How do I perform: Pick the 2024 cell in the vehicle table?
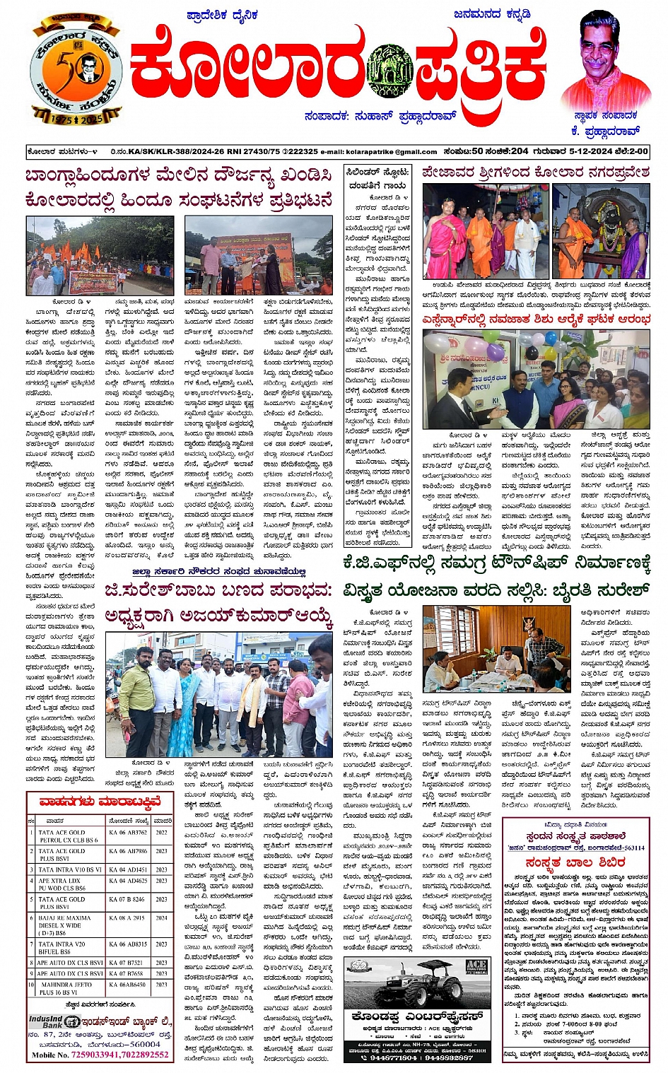pyautogui.click(x=162, y=917)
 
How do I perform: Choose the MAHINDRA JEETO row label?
pyautogui.click(x=65, y=988)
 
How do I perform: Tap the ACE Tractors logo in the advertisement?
pyautogui.click(x=476, y=968)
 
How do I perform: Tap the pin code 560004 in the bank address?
pyautogui.click(x=145, y=1043)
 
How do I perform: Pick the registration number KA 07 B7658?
pyautogui.click(x=127, y=973)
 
